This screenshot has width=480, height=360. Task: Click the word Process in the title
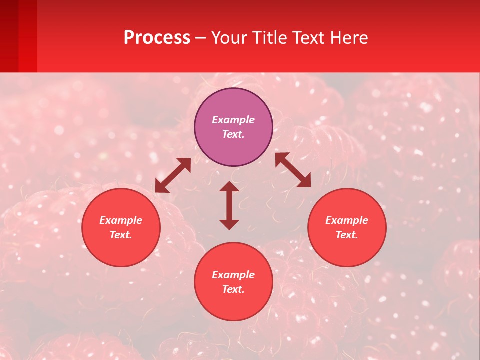pos(157,38)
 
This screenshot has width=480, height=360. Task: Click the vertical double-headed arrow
pos(229,205)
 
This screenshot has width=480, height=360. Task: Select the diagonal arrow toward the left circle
pos(173,175)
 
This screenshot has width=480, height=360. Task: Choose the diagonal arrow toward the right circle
pos(293,170)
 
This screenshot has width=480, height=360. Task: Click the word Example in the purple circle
pos(233,120)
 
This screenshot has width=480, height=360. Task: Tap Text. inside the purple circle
pos(233,134)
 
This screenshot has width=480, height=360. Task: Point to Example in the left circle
pos(121,220)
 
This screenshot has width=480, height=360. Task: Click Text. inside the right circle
pos(347,235)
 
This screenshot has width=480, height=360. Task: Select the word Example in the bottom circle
pos(233,275)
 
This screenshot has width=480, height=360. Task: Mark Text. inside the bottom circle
pos(233,289)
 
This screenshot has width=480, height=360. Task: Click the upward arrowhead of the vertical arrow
pos(229,187)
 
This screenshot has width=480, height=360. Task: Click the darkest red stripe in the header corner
pos(9,35)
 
